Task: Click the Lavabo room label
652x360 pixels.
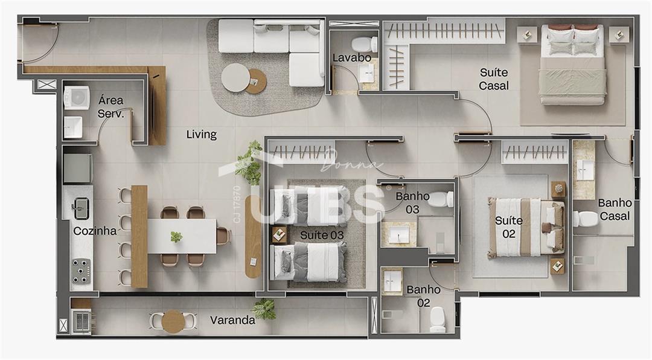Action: pyautogui.click(x=351, y=58)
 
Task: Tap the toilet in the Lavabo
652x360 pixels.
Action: pyautogui.click(x=365, y=44)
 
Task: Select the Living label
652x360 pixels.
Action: pyautogui.click(x=201, y=135)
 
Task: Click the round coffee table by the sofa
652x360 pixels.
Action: pyautogui.click(x=236, y=77)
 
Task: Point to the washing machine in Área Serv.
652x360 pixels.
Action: pyautogui.click(x=77, y=98)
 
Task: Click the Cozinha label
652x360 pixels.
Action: pyautogui.click(x=95, y=231)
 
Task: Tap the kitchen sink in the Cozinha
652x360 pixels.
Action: pyautogui.click(x=80, y=208)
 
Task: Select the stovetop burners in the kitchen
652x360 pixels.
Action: pyautogui.click(x=81, y=271)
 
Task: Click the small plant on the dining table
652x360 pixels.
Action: pyautogui.click(x=176, y=237)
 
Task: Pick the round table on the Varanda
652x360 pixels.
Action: pyautogui.click(x=173, y=321)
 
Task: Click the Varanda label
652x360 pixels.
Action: pyautogui.click(x=232, y=320)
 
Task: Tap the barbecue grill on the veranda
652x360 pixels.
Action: pyautogui.click(x=82, y=321)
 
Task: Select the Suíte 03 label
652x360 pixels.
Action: pyautogui.click(x=322, y=235)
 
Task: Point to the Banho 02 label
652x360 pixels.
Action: pyautogui.click(x=423, y=296)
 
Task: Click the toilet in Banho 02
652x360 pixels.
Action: pyautogui.click(x=438, y=319)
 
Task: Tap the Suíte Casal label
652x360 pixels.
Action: pyautogui.click(x=494, y=79)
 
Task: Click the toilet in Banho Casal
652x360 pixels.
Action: pyautogui.click(x=586, y=219)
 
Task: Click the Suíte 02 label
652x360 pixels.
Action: pyautogui.click(x=509, y=227)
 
